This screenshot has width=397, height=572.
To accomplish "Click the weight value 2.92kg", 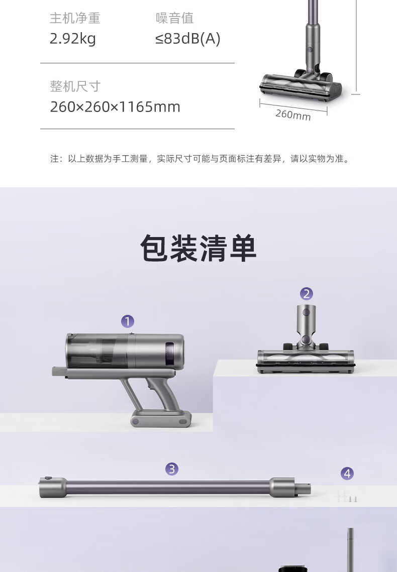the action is click(x=72, y=39).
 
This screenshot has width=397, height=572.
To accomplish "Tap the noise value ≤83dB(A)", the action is click(x=188, y=39).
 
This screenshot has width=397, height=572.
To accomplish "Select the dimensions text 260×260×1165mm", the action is click(x=115, y=107).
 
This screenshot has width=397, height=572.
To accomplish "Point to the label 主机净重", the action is click(x=75, y=18).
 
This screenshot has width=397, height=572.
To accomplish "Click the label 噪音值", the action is click(x=174, y=18).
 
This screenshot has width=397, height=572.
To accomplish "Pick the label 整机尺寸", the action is click(x=75, y=86).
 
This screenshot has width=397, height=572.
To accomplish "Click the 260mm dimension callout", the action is click(x=293, y=115).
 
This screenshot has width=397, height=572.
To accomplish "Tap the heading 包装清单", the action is click(x=198, y=249).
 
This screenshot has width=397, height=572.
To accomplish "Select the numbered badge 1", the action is click(x=128, y=321).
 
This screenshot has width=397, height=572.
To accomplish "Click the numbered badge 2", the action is click(x=307, y=294).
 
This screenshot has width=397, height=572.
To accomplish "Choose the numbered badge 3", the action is click(x=172, y=469).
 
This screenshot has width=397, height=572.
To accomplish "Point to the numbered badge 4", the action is click(x=347, y=474).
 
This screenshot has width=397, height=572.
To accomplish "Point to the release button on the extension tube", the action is click(x=48, y=478).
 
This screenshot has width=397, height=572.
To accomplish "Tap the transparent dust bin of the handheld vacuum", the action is click(x=98, y=351).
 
